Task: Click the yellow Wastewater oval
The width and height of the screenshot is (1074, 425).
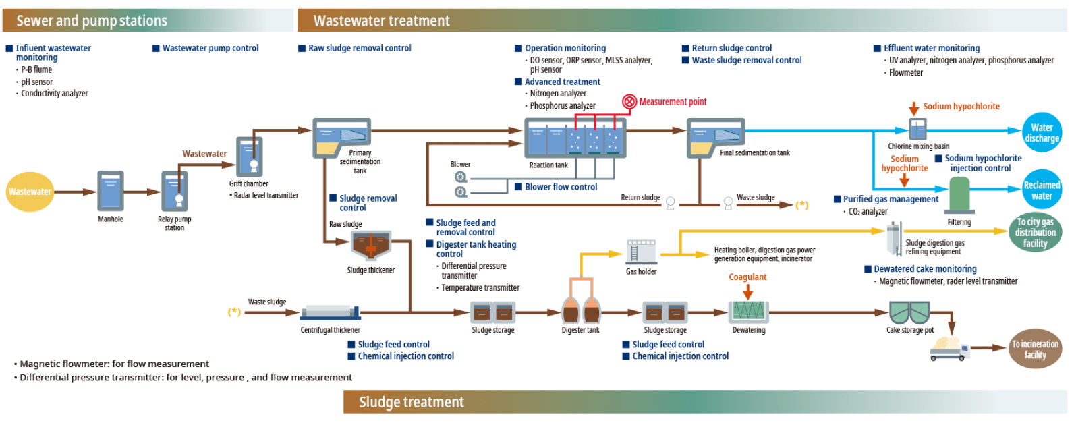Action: (30, 192)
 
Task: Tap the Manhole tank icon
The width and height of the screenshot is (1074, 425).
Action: (111, 192)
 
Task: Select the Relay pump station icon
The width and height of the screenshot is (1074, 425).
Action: (175, 192)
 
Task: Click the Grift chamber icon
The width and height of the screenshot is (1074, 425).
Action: (249, 157)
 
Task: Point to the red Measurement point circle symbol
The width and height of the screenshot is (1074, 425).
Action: (629, 102)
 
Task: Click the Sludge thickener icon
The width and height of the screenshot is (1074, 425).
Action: (370, 246)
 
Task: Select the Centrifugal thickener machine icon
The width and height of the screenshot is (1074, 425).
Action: (331, 312)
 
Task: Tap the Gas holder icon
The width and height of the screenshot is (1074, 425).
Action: (641, 252)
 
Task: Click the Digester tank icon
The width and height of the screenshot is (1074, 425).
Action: (581, 310)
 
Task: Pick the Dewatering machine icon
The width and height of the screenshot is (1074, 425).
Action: (749, 312)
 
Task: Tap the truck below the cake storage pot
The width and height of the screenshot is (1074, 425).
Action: (950, 348)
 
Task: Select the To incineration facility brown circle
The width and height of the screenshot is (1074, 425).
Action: (1035, 349)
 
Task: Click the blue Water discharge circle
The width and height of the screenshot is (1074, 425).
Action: (1042, 132)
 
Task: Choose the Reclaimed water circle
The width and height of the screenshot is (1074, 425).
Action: (1042, 190)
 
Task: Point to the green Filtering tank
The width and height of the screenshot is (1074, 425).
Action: (959, 196)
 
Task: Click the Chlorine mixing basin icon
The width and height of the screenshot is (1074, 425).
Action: (918, 129)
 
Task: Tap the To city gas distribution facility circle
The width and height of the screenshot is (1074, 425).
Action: (1035, 232)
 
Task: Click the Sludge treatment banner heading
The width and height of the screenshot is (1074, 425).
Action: (412, 403)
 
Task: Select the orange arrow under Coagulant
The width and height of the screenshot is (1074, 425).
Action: (747, 292)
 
